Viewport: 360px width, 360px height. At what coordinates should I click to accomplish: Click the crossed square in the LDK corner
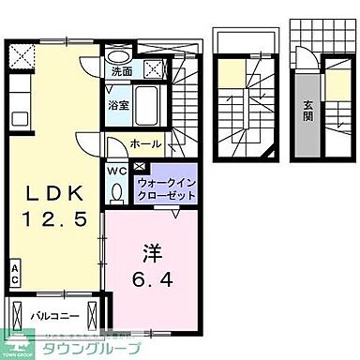coord(17,52)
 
